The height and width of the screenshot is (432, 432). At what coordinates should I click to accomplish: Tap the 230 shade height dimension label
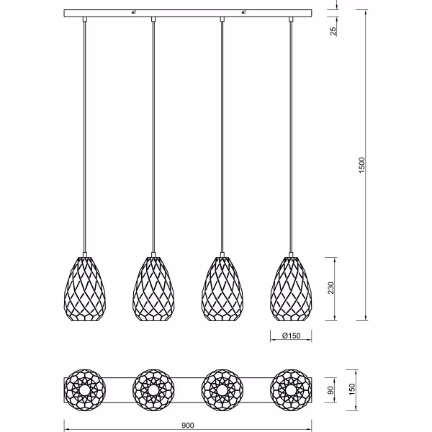(x=331, y=289)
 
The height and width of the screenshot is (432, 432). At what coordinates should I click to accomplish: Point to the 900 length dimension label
(x=188, y=426)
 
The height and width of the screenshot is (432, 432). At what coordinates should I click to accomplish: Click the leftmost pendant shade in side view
(x=85, y=287)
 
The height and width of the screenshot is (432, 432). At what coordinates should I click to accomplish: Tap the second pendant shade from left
(x=153, y=287)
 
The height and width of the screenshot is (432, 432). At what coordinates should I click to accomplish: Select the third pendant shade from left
(x=222, y=287)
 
